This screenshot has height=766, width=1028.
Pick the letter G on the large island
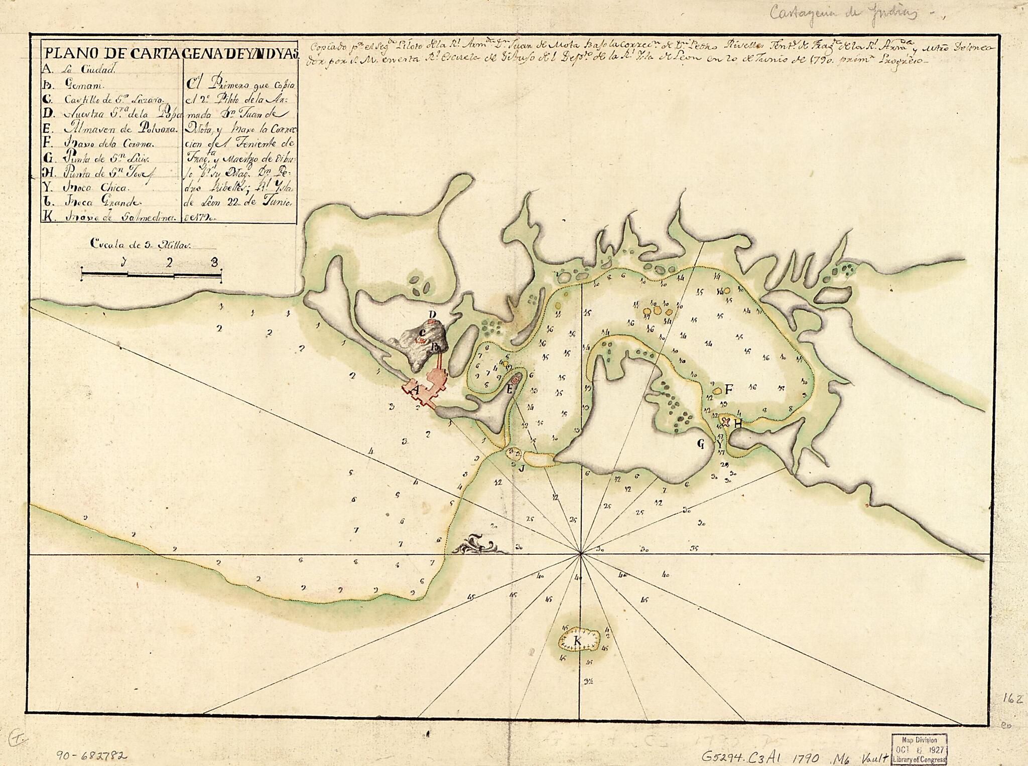pos(701,443)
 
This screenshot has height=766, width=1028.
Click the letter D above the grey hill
pos(432,314)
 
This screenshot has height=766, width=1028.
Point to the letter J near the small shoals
pos(522,469)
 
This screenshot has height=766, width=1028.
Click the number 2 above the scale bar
pos(170,262)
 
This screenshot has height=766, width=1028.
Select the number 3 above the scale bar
pos(215,261)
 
